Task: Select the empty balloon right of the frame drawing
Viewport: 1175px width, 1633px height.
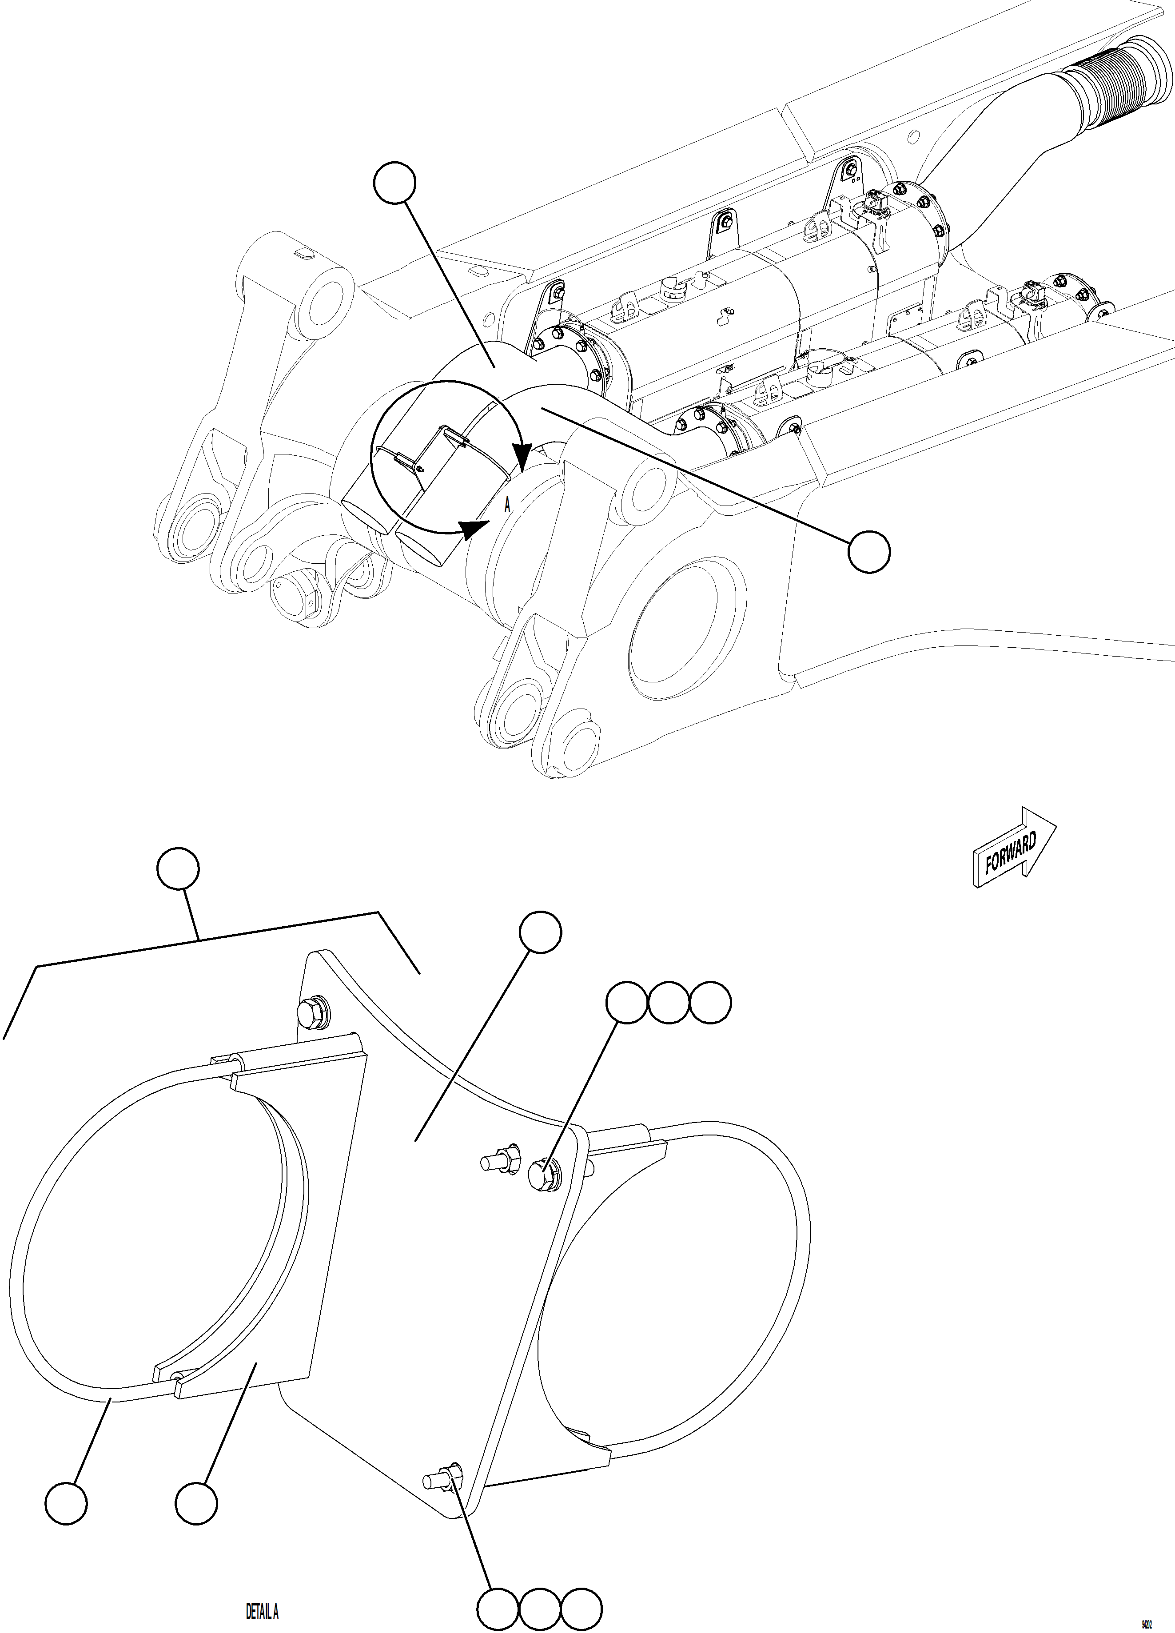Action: (x=869, y=552)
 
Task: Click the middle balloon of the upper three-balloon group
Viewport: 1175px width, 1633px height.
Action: (x=669, y=1002)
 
